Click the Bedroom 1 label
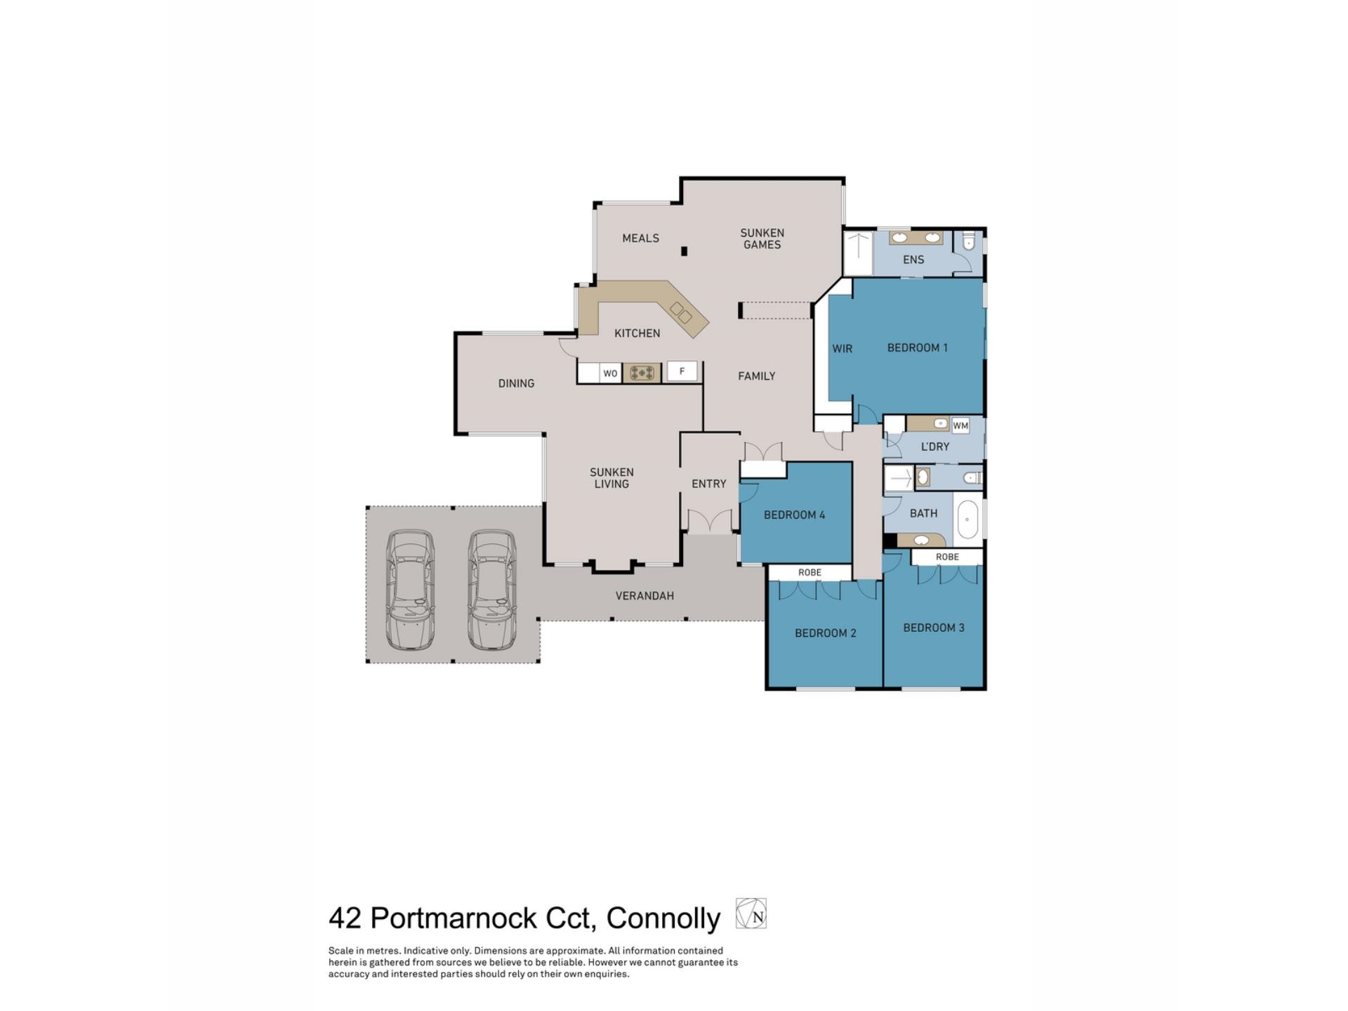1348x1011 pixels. tap(917, 348)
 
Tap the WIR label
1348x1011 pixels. tap(842, 348)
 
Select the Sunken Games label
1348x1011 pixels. tap(762, 239)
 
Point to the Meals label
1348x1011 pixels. tap(640, 239)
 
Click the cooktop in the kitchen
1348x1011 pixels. tap(642, 373)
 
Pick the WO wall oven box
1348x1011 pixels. tap(610, 374)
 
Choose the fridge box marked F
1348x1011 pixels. tap(682, 371)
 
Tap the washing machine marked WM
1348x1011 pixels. tap(960, 425)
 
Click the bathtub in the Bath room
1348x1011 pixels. tap(967, 520)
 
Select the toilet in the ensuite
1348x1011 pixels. tap(970, 242)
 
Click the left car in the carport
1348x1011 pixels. tap(410, 589)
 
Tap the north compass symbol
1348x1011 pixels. tap(751, 914)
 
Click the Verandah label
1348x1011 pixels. tap(645, 596)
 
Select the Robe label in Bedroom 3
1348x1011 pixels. tap(947, 557)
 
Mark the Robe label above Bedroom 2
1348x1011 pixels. tap(810, 573)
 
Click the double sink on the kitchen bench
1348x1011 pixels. tap(680, 312)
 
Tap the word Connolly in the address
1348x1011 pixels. tap(663, 918)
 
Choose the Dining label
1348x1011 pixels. tap(516, 383)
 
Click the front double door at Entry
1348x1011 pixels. tap(709, 522)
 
